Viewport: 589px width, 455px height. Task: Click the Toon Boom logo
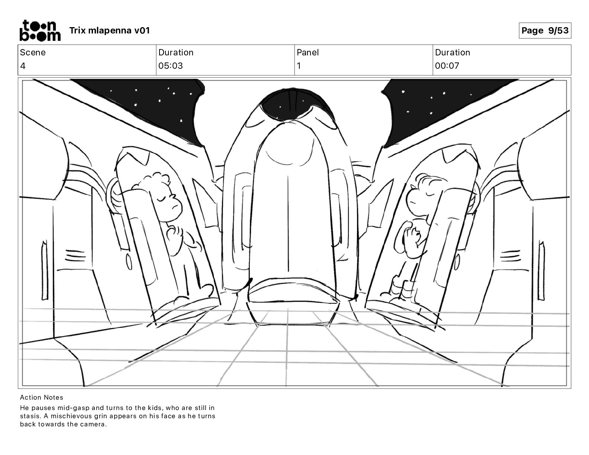coord(40,30)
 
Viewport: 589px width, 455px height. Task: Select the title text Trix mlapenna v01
coord(109,30)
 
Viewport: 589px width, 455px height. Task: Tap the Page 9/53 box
coord(545,30)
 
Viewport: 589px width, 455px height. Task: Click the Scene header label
coord(33,52)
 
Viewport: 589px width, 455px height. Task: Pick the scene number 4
coord(23,66)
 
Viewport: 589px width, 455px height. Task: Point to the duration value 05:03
coord(171,66)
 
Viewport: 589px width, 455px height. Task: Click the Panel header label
coord(308,52)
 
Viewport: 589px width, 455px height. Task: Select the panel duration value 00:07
coord(447,66)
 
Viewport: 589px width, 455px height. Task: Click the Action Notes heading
coord(42,397)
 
